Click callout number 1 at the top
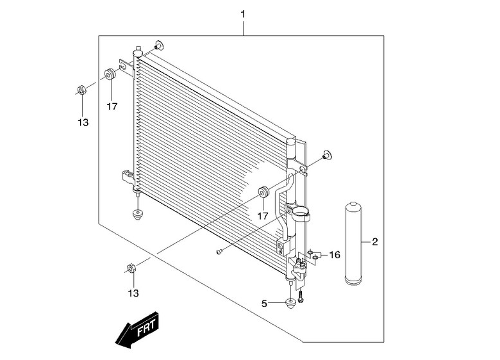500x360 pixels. (243, 14)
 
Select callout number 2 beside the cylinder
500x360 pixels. (375, 241)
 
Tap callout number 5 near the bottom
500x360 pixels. (264, 304)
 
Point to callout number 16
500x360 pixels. (335, 255)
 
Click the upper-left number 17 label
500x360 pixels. (112, 106)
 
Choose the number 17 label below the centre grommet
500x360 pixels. (263, 216)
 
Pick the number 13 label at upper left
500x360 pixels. (83, 122)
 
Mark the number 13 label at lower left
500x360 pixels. (133, 293)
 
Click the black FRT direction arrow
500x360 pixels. (138, 330)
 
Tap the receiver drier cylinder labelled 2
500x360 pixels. (354, 243)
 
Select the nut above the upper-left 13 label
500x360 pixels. (81, 90)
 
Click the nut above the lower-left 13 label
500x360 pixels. (131, 268)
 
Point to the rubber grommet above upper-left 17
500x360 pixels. (110, 74)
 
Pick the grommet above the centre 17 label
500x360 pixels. (263, 192)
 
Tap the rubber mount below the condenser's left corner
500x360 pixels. (137, 215)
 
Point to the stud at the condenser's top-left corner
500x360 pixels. (159, 45)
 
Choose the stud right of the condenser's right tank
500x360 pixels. (326, 155)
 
